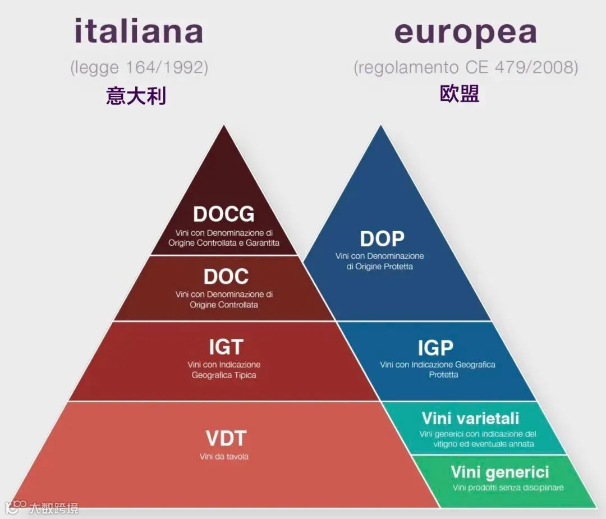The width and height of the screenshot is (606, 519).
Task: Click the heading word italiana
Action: click(x=139, y=32)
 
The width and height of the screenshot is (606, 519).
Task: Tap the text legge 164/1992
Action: click(x=139, y=68)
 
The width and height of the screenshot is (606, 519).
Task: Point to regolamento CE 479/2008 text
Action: click(x=466, y=68)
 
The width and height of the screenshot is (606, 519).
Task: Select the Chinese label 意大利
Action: click(x=136, y=96)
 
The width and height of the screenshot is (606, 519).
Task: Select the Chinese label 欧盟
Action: click(x=459, y=94)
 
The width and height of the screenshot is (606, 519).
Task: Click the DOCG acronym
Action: click(x=223, y=214)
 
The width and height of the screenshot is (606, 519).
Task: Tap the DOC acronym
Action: click(x=226, y=277)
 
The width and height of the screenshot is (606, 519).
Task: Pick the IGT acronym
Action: click(x=226, y=347)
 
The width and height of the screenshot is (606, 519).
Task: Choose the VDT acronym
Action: click(x=226, y=438)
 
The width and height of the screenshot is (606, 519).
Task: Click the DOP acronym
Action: click(x=382, y=239)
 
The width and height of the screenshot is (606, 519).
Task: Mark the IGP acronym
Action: click(x=435, y=348)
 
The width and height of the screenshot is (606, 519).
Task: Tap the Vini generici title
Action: click(x=499, y=472)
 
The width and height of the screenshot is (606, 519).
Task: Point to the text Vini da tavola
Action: click(x=224, y=457)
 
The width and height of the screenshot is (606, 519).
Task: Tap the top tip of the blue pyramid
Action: click(x=381, y=127)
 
